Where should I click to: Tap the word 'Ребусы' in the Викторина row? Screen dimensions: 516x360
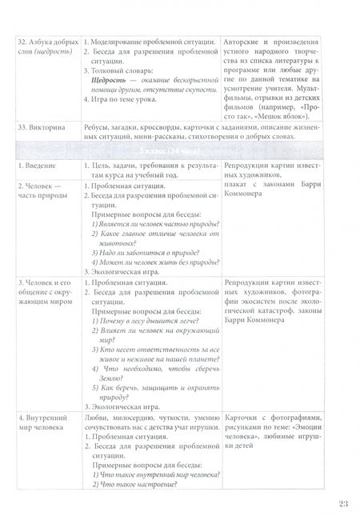point(102,128)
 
